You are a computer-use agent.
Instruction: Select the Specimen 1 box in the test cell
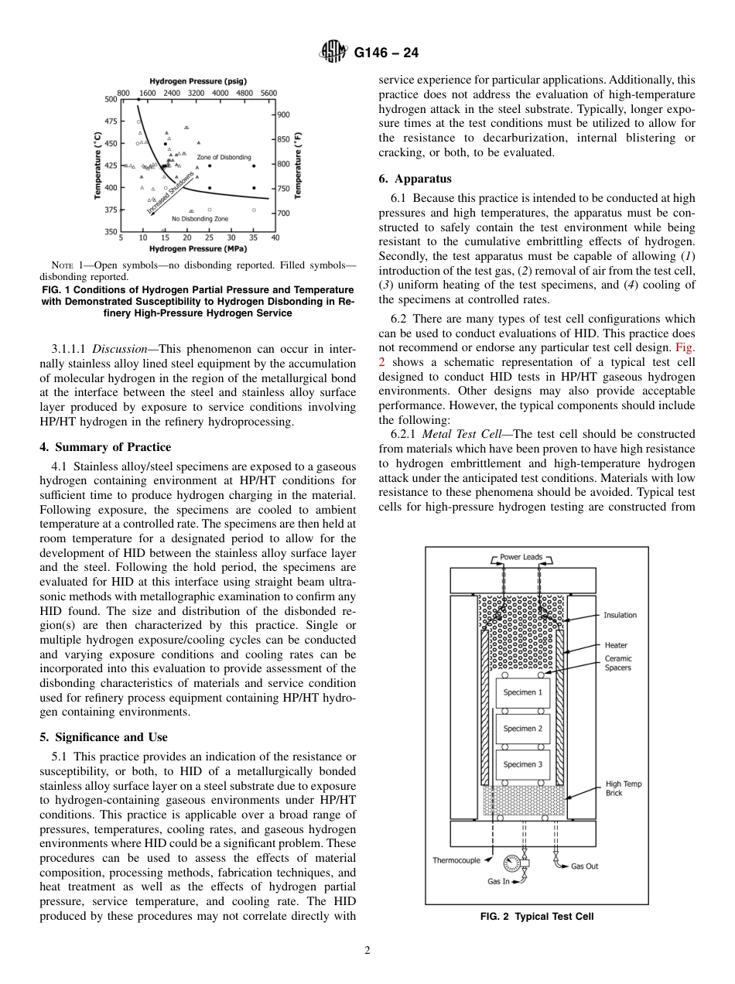tap(522, 692)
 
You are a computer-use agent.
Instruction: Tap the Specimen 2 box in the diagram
tap(522, 729)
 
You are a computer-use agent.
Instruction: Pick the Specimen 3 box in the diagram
tap(522, 764)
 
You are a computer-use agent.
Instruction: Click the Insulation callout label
tap(620, 615)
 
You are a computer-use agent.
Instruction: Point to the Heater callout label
tap(616, 645)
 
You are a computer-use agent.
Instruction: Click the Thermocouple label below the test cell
tap(456, 860)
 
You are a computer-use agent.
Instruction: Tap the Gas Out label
tap(584, 866)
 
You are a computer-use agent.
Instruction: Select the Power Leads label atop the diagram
tap(521, 557)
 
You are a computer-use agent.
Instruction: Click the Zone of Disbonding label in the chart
tap(224, 157)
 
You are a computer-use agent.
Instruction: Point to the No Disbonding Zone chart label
tap(200, 219)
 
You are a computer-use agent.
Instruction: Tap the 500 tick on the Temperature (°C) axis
tap(109, 100)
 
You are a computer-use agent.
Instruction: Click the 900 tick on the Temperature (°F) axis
tap(284, 114)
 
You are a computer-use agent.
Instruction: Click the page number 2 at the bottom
tap(367, 951)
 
